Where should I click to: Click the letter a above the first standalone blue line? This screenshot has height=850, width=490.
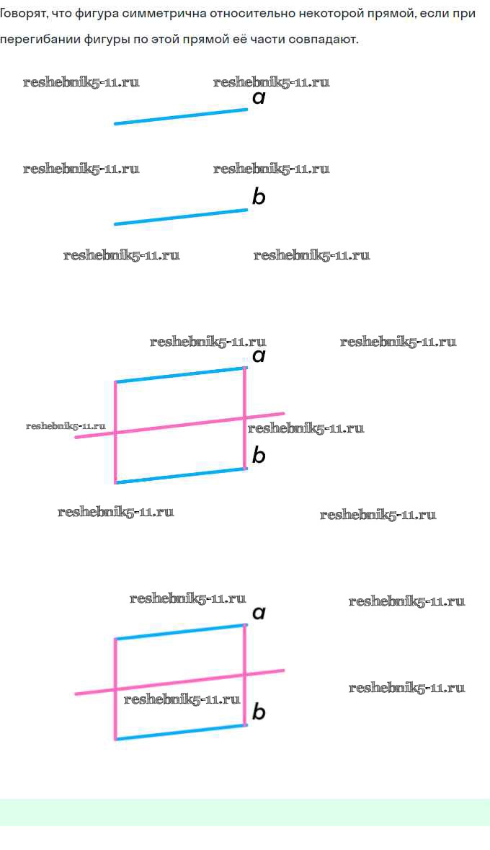point(259,97)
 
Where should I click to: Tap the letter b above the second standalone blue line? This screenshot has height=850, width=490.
point(259,196)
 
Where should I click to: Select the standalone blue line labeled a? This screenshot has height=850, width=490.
point(181,117)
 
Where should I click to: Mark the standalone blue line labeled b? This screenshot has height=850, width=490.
point(181,217)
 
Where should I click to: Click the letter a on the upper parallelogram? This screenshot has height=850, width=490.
point(259,355)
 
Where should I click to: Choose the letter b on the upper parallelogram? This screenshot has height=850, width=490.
point(259,455)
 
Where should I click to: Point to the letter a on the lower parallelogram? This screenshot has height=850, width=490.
point(259,613)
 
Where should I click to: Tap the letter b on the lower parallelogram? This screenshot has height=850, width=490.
point(259,712)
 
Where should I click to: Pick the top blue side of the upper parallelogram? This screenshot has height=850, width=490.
point(180,375)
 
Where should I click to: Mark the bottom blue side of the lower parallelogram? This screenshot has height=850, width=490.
point(180,732)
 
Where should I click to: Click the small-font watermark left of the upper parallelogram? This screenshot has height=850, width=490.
point(66,426)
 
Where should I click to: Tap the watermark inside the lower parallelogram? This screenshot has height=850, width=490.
point(182,699)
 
